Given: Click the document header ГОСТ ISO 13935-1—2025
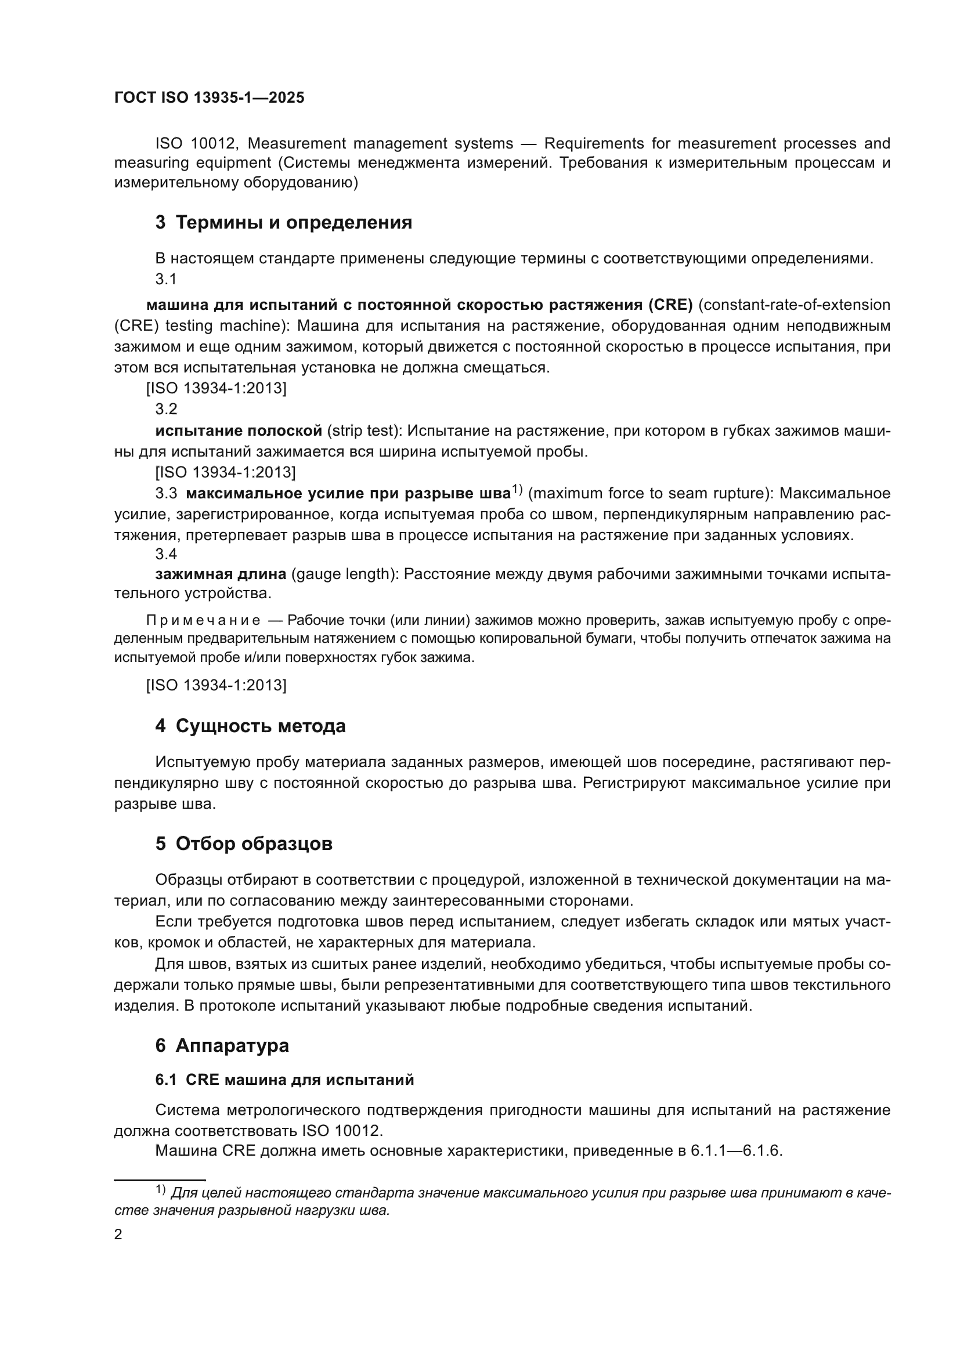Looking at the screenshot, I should [210, 98].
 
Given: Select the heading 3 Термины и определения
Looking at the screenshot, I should [284, 223].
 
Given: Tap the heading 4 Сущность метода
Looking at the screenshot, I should [250, 726].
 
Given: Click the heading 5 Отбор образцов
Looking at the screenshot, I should [244, 844].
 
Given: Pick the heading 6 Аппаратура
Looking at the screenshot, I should [222, 1045].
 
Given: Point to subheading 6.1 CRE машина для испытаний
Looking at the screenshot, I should [284, 1080].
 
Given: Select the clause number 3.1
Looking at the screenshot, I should [166, 279].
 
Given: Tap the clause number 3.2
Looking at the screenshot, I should [166, 409].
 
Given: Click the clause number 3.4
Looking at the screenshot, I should [166, 554].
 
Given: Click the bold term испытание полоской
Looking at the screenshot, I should [238, 430].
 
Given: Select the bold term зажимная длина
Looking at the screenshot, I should [221, 574].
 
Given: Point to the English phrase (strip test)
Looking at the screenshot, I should [364, 430].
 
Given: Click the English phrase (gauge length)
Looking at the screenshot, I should [344, 574].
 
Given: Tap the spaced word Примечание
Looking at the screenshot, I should [203, 621].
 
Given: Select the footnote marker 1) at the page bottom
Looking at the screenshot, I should [161, 1189].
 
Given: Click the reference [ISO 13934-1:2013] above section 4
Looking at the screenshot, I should [216, 685].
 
